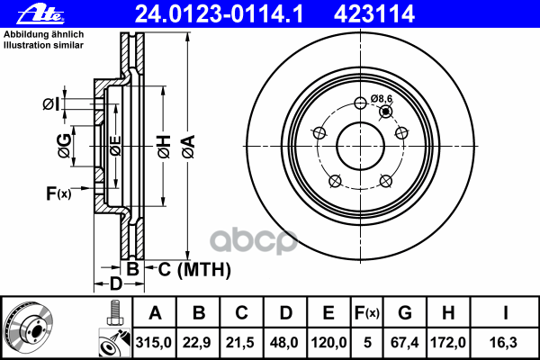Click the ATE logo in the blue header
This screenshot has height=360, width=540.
(40, 13)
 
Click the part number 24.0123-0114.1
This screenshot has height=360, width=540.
(219, 14)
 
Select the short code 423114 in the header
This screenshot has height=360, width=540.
(374, 14)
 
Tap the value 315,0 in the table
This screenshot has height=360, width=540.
(154, 342)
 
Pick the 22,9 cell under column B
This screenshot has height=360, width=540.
(197, 342)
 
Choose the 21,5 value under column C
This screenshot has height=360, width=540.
(240, 342)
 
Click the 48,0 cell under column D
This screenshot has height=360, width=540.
(284, 342)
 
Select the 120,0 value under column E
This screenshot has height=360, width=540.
(328, 342)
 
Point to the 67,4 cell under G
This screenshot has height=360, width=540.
(405, 342)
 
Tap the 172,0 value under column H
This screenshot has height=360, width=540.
(448, 342)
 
